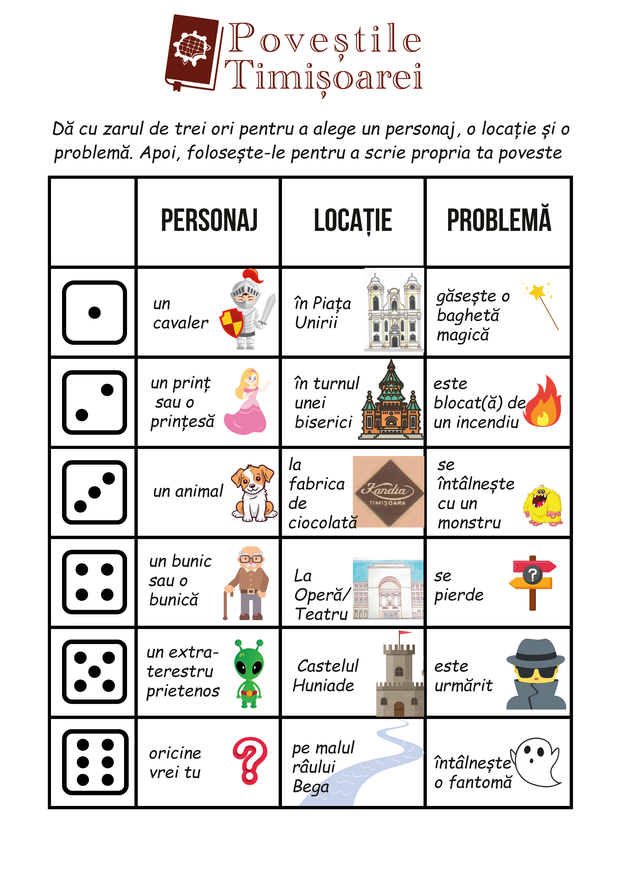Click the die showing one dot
[94, 312]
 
